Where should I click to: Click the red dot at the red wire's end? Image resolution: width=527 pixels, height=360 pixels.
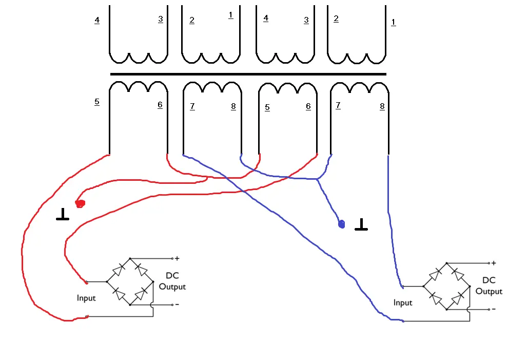pos(80,204)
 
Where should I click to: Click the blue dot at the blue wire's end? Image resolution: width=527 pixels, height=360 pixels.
pos(342,224)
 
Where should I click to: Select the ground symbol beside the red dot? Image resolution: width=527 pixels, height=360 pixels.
pos(63,215)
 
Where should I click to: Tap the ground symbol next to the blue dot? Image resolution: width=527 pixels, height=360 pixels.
pos(361,224)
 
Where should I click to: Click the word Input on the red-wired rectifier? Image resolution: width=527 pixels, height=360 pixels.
pos(86,298)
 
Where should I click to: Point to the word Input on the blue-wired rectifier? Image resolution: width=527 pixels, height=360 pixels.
pos(403,302)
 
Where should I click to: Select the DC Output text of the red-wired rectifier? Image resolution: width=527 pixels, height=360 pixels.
pos(172,281)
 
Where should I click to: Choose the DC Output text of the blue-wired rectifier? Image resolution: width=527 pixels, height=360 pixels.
pos(489,286)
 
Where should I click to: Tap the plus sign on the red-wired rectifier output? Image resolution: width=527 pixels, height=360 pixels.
pos(177,258)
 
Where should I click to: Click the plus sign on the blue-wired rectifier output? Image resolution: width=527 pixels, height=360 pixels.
pos(494,263)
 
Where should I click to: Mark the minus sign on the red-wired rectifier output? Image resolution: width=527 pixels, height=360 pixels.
pos(177,305)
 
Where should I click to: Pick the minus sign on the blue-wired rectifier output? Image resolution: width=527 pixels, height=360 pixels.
pos(494,309)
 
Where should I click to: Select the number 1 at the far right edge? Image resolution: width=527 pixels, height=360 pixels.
pos(394,22)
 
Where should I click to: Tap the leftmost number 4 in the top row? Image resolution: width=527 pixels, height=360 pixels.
pos(97,21)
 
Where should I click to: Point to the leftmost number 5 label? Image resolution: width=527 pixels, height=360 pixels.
pos(97,102)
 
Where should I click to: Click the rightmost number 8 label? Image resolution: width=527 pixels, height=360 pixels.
pos(382,107)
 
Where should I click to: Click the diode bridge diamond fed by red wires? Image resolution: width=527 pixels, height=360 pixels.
pos(130,281)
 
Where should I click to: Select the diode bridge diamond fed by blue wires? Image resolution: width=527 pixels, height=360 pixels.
pos(446,286)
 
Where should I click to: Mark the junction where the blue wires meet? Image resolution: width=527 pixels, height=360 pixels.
pos(318,179)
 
